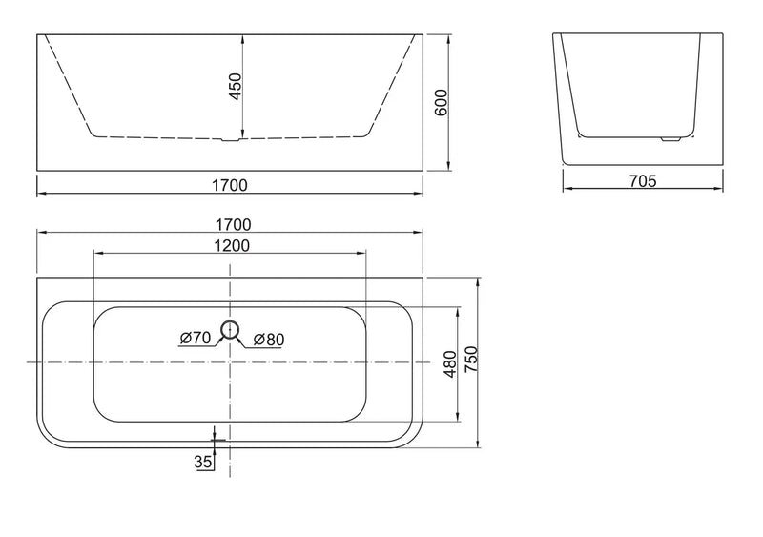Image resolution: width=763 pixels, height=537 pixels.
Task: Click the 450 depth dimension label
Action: (235, 87)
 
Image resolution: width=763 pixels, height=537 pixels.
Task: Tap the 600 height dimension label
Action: (441, 102)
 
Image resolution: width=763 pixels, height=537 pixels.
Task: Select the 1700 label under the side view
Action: (230, 185)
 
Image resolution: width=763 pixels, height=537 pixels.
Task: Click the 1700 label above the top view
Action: (233, 225)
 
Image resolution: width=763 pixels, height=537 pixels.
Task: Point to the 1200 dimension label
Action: (232, 246)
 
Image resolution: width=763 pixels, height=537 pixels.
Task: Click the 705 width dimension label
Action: (643, 181)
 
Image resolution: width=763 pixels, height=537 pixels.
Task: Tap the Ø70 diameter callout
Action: (195, 338)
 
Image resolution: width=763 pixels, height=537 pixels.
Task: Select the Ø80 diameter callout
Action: (269, 340)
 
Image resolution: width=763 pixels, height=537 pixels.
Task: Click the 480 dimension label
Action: (450, 363)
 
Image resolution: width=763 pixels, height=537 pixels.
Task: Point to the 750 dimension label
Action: (471, 360)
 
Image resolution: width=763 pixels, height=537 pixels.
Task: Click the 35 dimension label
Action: (203, 461)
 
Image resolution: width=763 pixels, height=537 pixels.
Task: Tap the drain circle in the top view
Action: (229, 330)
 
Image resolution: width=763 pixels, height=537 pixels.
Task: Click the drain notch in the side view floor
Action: (229, 140)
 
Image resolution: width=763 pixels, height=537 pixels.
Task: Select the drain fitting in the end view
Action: (670, 139)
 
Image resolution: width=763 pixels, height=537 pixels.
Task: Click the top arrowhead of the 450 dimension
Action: (243, 39)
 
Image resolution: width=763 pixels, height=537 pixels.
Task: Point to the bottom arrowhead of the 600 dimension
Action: (448, 166)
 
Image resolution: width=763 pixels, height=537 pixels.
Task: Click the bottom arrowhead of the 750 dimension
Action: (479, 442)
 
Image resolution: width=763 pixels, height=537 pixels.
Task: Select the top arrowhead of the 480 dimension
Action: (458, 312)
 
